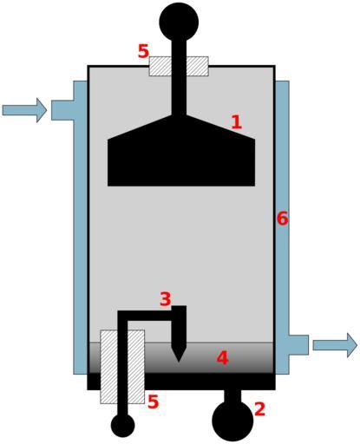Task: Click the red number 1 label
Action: pos(237,122)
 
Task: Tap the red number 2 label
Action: pos(259,409)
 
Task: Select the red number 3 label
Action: pos(166,299)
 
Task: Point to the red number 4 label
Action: pos(223,358)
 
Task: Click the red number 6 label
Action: pos(283,219)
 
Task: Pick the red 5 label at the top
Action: pos(143,51)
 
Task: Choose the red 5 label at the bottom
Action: pos(154,402)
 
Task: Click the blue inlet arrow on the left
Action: pos(24,110)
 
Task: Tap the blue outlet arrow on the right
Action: pos(335,345)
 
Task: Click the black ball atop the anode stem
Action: pos(179,22)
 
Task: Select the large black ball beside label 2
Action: pos(232,421)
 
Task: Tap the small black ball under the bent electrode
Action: pos(123,426)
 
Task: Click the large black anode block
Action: pos(181,156)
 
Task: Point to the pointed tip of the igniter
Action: pos(179,362)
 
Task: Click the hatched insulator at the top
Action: pos(179,66)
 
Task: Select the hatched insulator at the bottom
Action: pos(122,367)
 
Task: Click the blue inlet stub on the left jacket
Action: pos(62,110)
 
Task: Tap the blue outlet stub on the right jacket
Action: pos(298,345)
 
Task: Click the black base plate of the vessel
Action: pos(181,382)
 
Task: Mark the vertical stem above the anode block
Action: pos(179,78)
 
